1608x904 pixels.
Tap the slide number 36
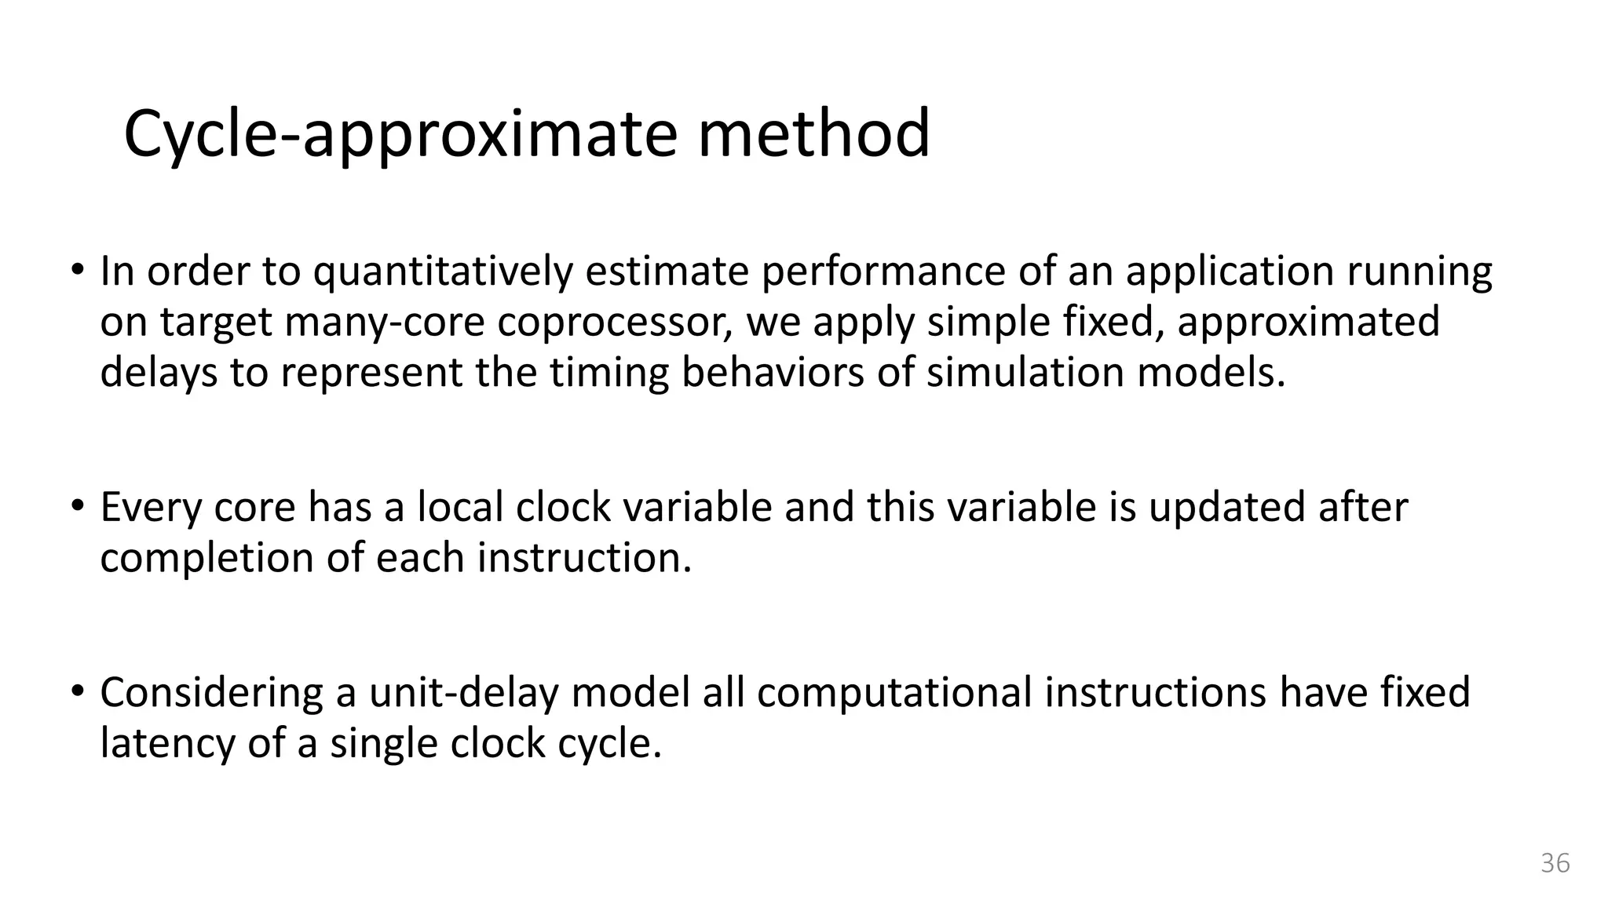(x=1555, y=862)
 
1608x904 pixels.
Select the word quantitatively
(x=444, y=272)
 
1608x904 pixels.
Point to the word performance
(x=883, y=272)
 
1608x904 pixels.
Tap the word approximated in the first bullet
(x=1309, y=323)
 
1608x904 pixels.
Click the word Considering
(x=211, y=694)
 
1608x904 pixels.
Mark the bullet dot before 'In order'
(x=76, y=271)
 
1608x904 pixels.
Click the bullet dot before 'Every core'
(x=76, y=506)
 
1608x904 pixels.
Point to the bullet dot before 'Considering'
(x=76, y=691)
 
